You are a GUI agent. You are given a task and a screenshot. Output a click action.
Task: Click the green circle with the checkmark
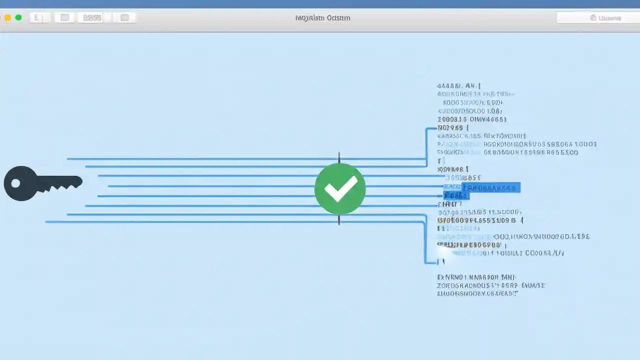coord(340,189)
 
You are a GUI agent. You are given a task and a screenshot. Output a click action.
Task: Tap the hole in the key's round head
coord(15,183)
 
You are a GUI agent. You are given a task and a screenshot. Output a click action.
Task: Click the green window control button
coord(18,17)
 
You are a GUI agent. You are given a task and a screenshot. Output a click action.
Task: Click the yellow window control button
coord(7,17)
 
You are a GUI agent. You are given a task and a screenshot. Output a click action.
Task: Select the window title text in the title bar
coord(322,18)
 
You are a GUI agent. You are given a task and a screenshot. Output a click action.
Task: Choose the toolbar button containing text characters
coord(92,18)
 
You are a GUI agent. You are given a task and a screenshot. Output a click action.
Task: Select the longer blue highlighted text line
coord(491,188)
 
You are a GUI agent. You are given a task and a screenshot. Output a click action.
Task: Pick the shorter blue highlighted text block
coord(456,196)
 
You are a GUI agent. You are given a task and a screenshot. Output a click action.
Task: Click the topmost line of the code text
coord(458,86)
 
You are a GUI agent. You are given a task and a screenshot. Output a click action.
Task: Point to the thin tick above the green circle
coord(339,157)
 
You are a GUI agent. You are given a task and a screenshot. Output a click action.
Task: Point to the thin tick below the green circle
coord(339,220)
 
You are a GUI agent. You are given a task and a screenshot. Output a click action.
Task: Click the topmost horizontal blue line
coord(200,159)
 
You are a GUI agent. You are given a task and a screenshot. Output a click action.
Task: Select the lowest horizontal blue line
coord(200,222)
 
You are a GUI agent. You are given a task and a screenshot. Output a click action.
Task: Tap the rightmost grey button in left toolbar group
coord(124,18)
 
